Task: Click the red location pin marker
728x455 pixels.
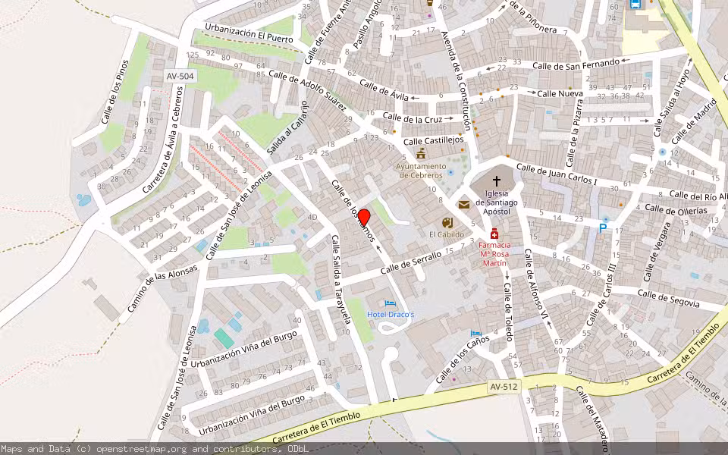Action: click(x=363, y=218)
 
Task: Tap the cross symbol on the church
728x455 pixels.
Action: click(x=497, y=181)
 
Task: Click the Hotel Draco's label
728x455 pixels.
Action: click(x=391, y=315)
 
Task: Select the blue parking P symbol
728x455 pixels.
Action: click(x=604, y=227)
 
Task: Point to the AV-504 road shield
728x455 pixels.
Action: click(x=180, y=77)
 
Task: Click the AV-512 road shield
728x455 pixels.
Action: click(x=502, y=388)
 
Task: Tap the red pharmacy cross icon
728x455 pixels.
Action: click(x=494, y=234)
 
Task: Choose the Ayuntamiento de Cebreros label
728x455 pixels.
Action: click(x=421, y=171)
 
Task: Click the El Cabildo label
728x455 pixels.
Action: click(x=447, y=234)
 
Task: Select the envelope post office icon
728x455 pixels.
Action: click(x=464, y=204)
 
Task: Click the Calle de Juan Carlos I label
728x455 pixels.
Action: click(x=557, y=175)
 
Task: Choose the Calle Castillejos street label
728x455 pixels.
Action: click(x=433, y=140)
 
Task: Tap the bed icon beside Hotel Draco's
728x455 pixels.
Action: click(x=391, y=303)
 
